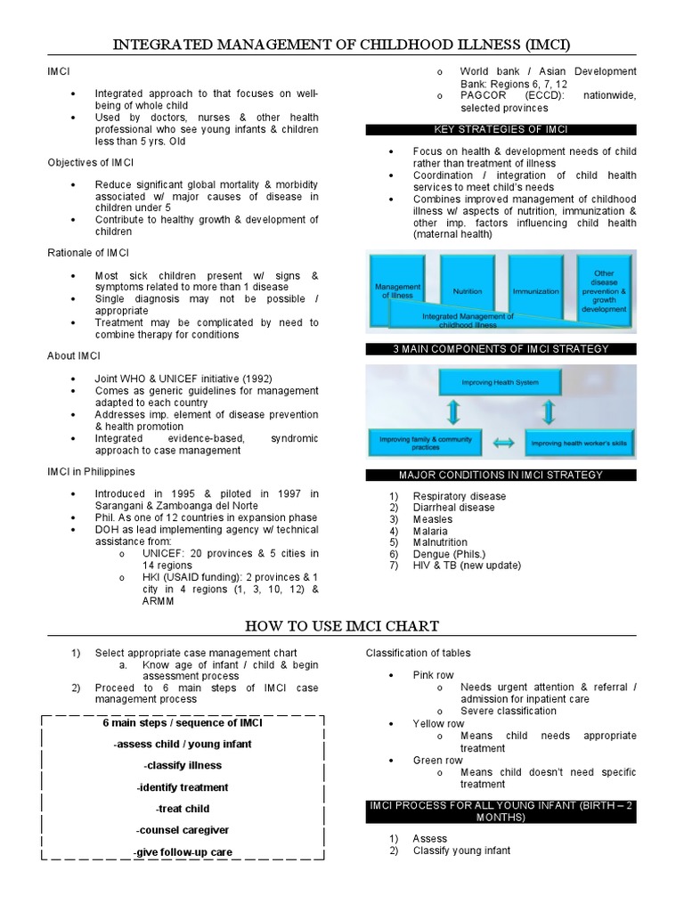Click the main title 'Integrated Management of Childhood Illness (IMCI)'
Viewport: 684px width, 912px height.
pos(341,44)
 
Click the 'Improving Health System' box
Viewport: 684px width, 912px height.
pos(500,382)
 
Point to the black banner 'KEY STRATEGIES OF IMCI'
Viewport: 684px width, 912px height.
pos(501,130)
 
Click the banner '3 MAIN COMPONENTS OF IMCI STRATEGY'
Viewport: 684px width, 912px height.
pos(501,349)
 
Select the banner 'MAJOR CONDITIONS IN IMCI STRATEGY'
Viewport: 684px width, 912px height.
pos(501,476)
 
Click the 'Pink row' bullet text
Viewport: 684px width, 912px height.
pos(433,676)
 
